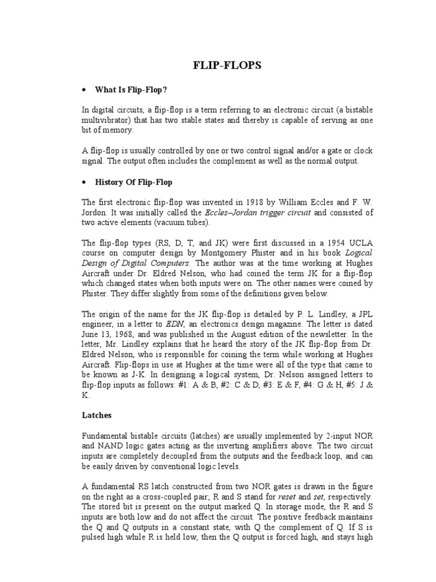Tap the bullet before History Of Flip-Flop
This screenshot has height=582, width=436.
[84, 182]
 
